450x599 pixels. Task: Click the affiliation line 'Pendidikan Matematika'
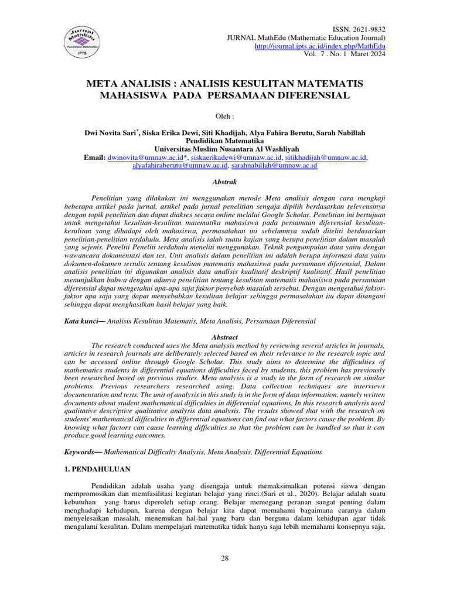pos(224,141)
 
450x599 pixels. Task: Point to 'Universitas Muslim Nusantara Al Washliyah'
pos(224,149)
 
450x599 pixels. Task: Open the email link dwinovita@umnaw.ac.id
pos(141,157)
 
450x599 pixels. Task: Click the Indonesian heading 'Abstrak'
pos(224,182)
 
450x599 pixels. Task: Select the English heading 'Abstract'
pos(224,338)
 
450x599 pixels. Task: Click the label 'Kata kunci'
pos(79,321)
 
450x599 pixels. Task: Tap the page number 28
pos(224,558)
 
